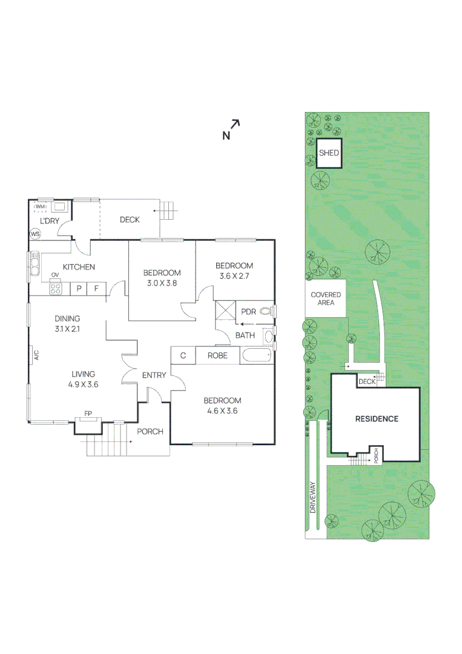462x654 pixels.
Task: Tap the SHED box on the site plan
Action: pyautogui.click(x=329, y=153)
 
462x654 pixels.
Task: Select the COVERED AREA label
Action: pyautogui.click(x=326, y=299)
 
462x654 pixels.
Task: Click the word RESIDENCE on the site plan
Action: pyautogui.click(x=377, y=418)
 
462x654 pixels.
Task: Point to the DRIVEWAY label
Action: pyautogui.click(x=313, y=497)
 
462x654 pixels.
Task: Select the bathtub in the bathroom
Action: pyautogui.click(x=257, y=355)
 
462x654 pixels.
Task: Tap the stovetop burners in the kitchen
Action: pyautogui.click(x=55, y=289)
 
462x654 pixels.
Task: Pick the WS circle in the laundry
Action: pyautogui.click(x=35, y=234)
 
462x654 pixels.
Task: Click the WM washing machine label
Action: pyautogui.click(x=40, y=207)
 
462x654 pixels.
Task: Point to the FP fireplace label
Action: pyautogui.click(x=88, y=414)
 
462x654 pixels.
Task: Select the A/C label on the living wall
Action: pyautogui.click(x=36, y=355)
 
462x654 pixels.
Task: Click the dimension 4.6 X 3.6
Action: pyautogui.click(x=222, y=411)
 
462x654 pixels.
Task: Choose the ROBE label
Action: pyautogui.click(x=217, y=355)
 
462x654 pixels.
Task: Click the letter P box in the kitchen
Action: pyautogui.click(x=79, y=289)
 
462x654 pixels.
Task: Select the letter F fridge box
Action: pyautogui.click(x=96, y=289)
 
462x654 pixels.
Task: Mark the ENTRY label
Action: pyautogui.click(x=154, y=375)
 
